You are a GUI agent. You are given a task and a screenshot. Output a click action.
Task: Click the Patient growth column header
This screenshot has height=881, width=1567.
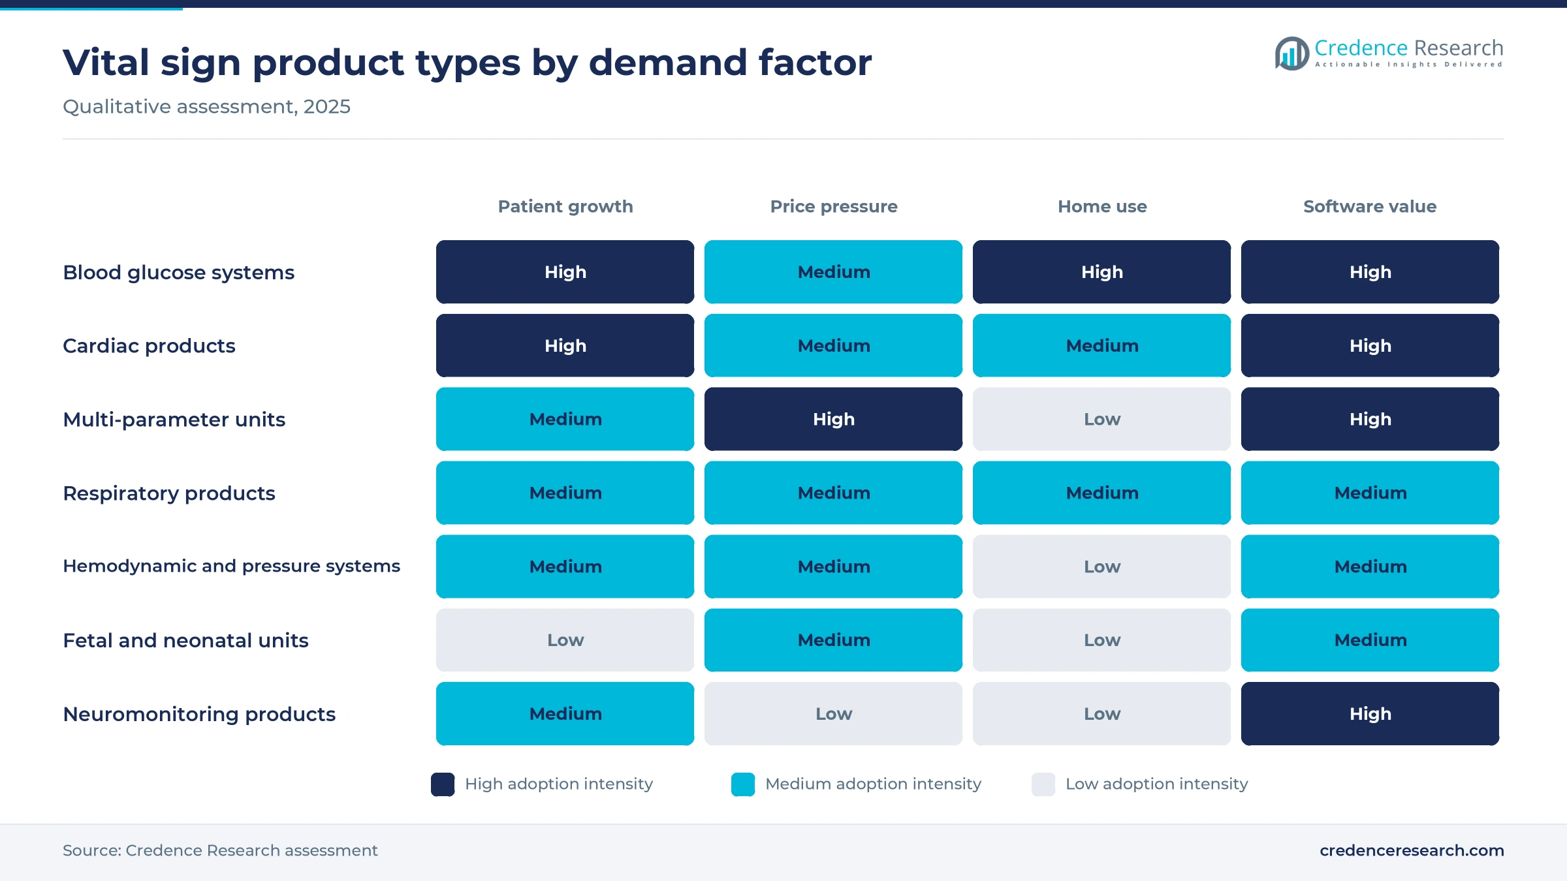point(565,206)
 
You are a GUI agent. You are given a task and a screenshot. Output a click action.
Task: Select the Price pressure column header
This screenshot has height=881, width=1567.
point(834,206)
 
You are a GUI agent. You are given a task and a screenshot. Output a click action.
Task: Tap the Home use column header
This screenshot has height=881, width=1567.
point(1102,206)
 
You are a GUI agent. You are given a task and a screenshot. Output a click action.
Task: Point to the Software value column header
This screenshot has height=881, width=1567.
point(1370,206)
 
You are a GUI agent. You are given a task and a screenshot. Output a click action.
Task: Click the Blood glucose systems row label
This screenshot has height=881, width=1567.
point(178,272)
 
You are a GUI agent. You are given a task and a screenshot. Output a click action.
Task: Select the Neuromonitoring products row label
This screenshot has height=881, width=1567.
point(199,714)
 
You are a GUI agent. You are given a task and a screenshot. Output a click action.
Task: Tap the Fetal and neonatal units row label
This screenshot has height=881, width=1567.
point(185,640)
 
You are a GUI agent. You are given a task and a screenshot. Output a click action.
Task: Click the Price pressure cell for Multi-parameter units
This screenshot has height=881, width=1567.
point(833,419)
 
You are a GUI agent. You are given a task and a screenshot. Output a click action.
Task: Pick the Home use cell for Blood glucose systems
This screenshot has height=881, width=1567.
point(1101,272)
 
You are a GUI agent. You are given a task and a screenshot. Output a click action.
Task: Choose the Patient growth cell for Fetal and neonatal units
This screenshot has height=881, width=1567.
point(565,640)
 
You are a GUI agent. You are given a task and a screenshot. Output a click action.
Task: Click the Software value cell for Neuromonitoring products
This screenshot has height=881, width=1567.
point(1370,714)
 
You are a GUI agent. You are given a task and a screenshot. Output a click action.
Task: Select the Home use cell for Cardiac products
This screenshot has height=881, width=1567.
point(1101,346)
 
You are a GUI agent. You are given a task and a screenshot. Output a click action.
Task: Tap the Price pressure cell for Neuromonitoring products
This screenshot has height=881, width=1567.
point(833,714)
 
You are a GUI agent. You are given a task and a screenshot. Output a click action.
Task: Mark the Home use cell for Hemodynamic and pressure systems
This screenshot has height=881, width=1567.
point(1101,566)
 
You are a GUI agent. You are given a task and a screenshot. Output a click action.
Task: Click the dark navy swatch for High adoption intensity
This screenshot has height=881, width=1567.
point(443,784)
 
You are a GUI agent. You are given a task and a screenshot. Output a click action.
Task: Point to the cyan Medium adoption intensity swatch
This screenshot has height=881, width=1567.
point(743,784)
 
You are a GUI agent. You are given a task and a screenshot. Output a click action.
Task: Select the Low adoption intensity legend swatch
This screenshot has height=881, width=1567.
point(1043,784)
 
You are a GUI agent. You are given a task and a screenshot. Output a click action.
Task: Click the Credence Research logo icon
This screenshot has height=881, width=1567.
point(1292,54)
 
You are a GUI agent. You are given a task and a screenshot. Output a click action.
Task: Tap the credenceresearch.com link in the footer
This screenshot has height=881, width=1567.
point(1412,850)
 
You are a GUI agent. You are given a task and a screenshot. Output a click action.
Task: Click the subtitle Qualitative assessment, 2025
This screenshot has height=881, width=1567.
point(206,106)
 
